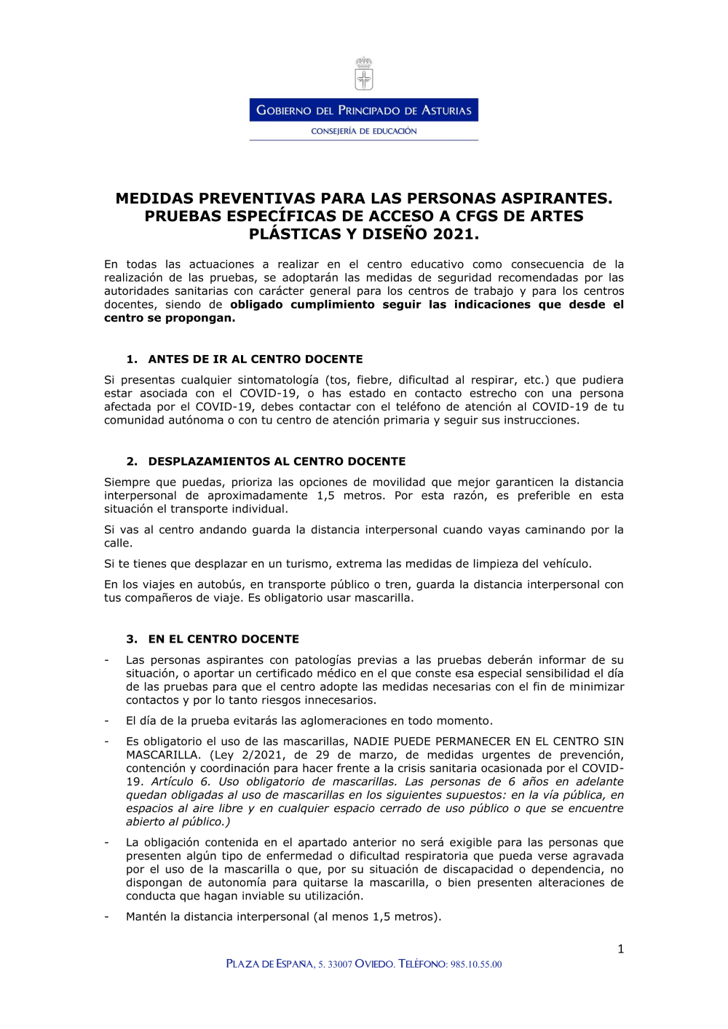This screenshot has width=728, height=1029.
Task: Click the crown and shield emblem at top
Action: [x=364, y=74]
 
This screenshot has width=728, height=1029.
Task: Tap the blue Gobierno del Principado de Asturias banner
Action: [x=364, y=110]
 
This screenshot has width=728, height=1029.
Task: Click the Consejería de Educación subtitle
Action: [x=364, y=131]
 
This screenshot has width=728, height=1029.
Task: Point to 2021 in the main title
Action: [x=455, y=234]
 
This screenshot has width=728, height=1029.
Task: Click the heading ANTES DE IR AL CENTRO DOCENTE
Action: [x=256, y=359]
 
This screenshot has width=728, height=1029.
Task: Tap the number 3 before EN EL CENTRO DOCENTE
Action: [x=131, y=639]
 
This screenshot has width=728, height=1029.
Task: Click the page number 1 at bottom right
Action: [x=620, y=948]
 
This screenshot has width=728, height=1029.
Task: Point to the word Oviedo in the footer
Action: [x=375, y=964]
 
